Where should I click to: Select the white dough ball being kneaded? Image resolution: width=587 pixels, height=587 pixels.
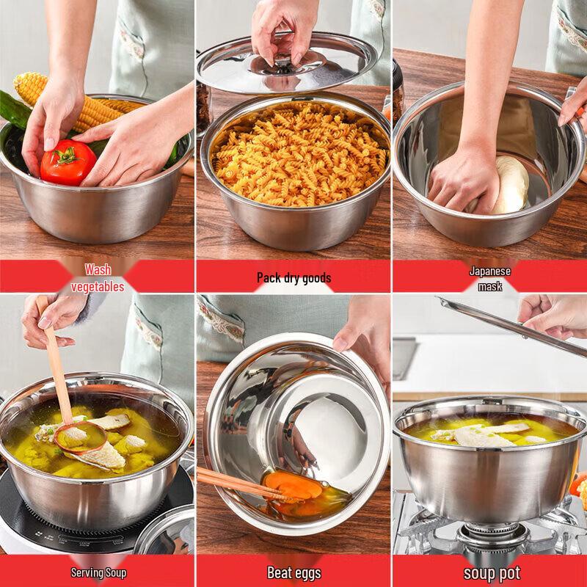tap(509, 184)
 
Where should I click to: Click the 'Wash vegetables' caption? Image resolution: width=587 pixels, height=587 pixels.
tap(98, 278)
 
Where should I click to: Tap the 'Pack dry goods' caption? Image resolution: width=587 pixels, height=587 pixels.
tap(293, 277)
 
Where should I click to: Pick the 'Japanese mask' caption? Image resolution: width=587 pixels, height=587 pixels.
tap(489, 278)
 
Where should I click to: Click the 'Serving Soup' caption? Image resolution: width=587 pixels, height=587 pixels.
tap(98, 572)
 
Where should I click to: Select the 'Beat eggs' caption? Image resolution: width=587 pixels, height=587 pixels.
tap(293, 572)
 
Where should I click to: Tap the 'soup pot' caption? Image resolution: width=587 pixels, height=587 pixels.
tap(491, 572)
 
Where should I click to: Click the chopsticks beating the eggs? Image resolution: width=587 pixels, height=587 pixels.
tap(235, 484)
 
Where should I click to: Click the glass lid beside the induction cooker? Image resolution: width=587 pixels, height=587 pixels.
tap(165, 532)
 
